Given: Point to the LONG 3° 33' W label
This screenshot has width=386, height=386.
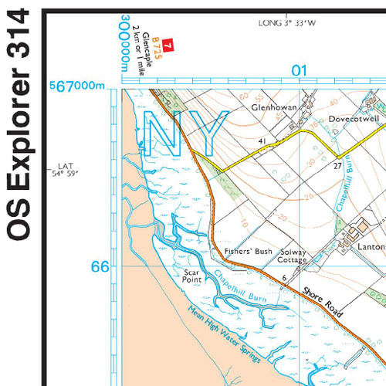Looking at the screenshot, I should click(287, 23).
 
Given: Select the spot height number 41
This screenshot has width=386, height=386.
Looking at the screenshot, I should click(262, 141).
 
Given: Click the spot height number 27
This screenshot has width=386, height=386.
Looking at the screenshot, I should click(337, 165).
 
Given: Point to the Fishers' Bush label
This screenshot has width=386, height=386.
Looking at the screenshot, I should click(243, 252).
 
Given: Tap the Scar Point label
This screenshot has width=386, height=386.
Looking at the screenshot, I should click(192, 276).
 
